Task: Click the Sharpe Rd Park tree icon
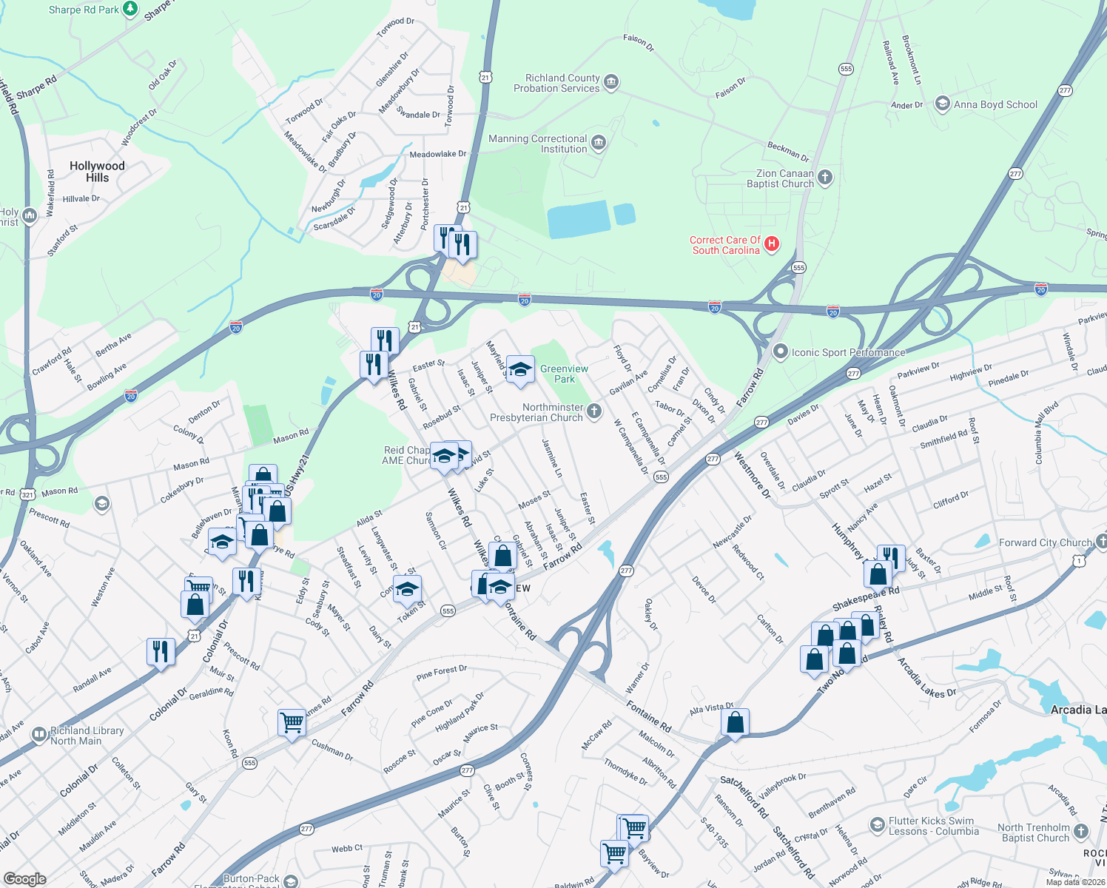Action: tap(130, 9)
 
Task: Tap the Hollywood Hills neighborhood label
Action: tap(97, 172)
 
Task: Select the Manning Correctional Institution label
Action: tap(538, 144)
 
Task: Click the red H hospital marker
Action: tap(771, 244)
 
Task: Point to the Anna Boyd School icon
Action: tap(942, 104)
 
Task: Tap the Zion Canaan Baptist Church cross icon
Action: tap(825, 178)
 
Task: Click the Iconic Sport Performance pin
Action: tap(780, 352)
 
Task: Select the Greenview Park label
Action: tap(564, 374)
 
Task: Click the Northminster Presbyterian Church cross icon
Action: tap(594, 411)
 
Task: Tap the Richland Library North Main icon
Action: tap(39, 735)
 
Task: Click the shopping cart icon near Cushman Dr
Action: tap(292, 721)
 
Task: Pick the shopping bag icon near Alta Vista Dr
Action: tap(735, 722)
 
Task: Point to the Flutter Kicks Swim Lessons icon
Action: tap(877, 824)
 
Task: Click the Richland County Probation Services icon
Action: tap(611, 82)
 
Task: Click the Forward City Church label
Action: tap(1045, 542)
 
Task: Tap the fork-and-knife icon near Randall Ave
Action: tap(161, 651)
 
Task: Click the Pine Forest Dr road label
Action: tap(441, 673)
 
